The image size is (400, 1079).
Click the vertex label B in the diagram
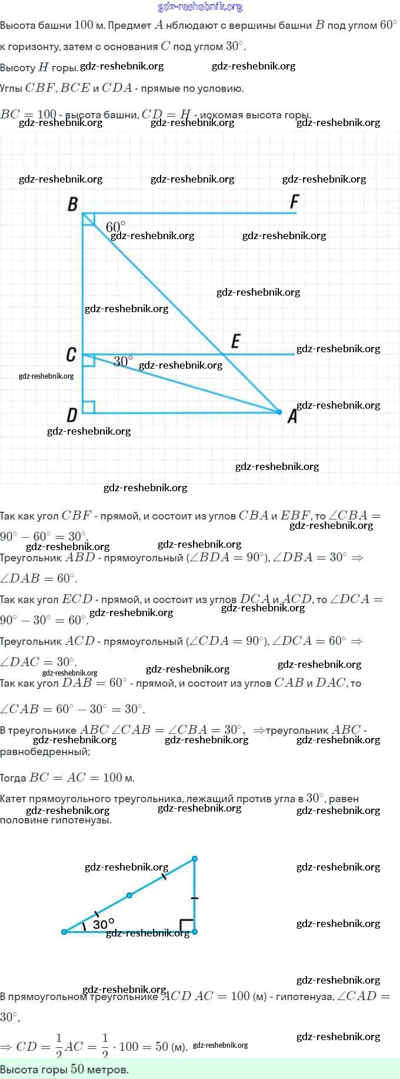[73, 204]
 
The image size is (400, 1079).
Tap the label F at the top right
[295, 202]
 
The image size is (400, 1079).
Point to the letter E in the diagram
[236, 341]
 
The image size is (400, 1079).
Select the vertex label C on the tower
[71, 355]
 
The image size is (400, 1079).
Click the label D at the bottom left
[72, 415]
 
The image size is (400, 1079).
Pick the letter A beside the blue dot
[292, 417]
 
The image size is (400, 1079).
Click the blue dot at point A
[279, 412]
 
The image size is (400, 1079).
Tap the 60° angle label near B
[115, 227]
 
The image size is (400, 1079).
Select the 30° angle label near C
[123, 361]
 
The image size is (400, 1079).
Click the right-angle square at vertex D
[89, 407]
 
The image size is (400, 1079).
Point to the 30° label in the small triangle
[104, 924]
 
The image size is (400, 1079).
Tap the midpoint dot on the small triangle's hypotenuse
[129, 895]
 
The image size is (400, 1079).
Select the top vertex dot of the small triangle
[195, 859]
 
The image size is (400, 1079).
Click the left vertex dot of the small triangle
[64, 932]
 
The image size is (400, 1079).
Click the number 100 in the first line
[84, 25]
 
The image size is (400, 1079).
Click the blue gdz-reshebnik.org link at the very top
[200, 6]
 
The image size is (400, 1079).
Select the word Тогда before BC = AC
[13, 778]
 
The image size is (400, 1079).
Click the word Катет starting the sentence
[14, 799]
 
